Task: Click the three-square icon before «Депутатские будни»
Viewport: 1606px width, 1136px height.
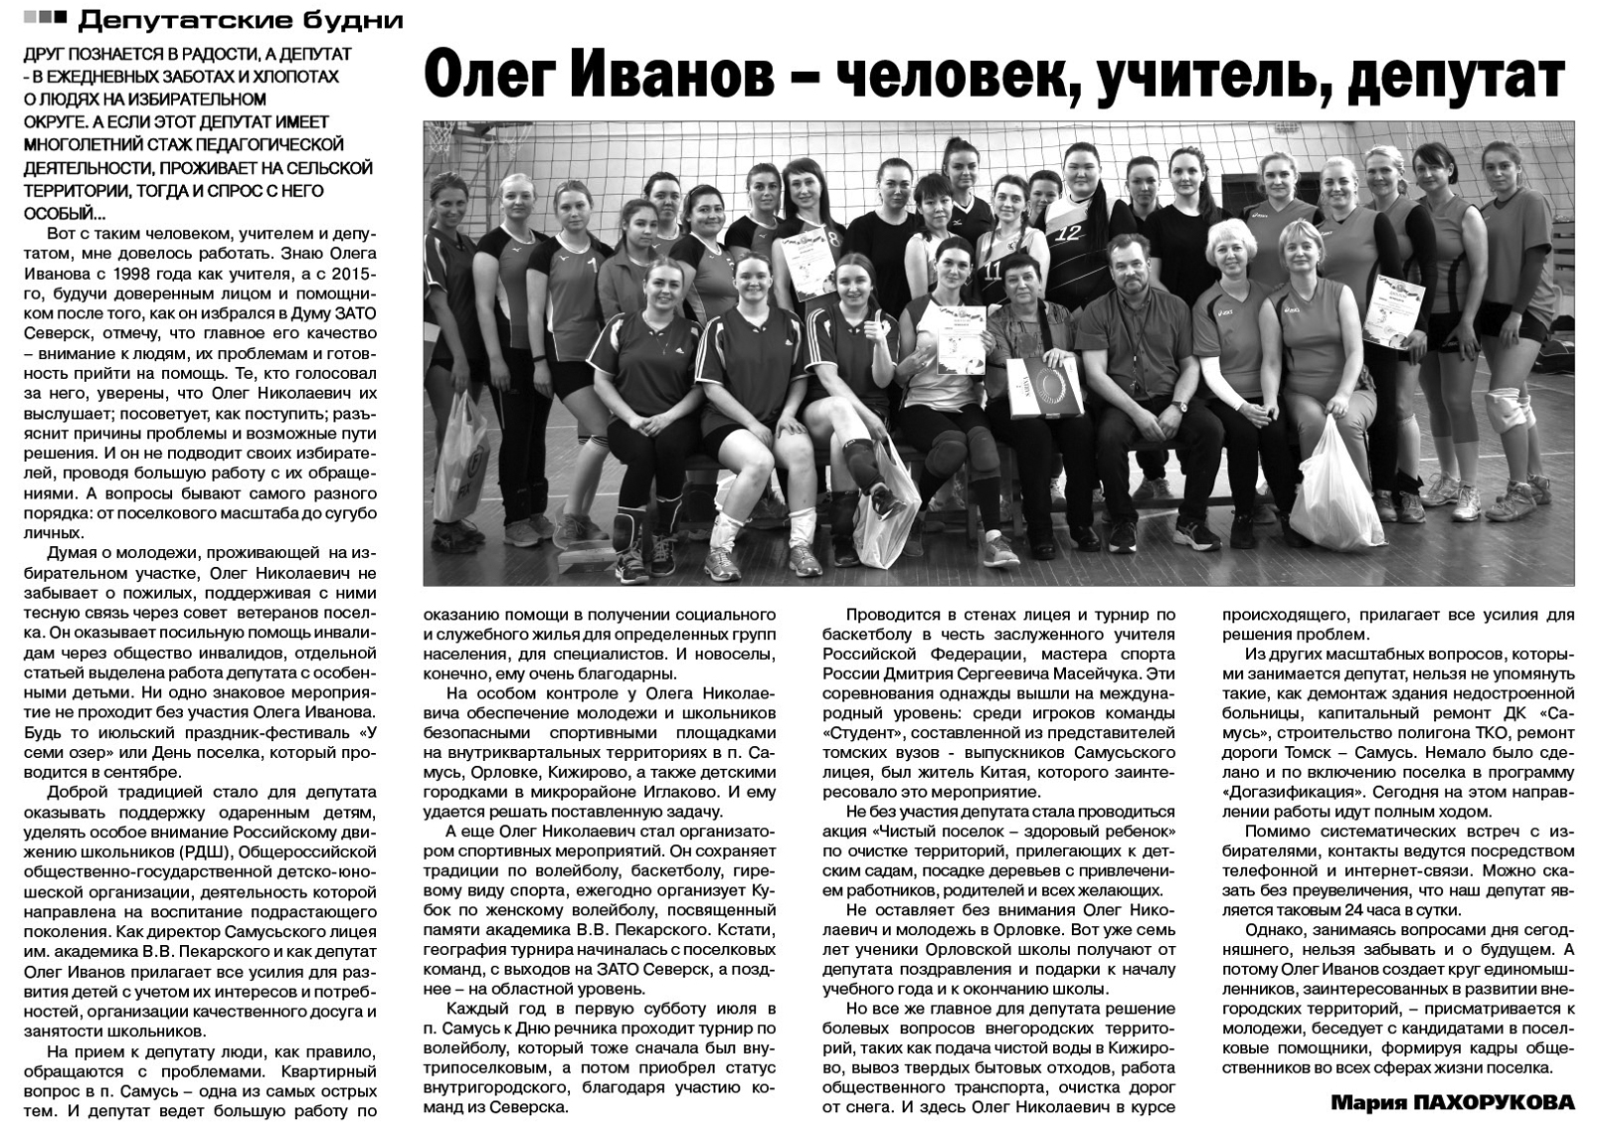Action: (x=46, y=18)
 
